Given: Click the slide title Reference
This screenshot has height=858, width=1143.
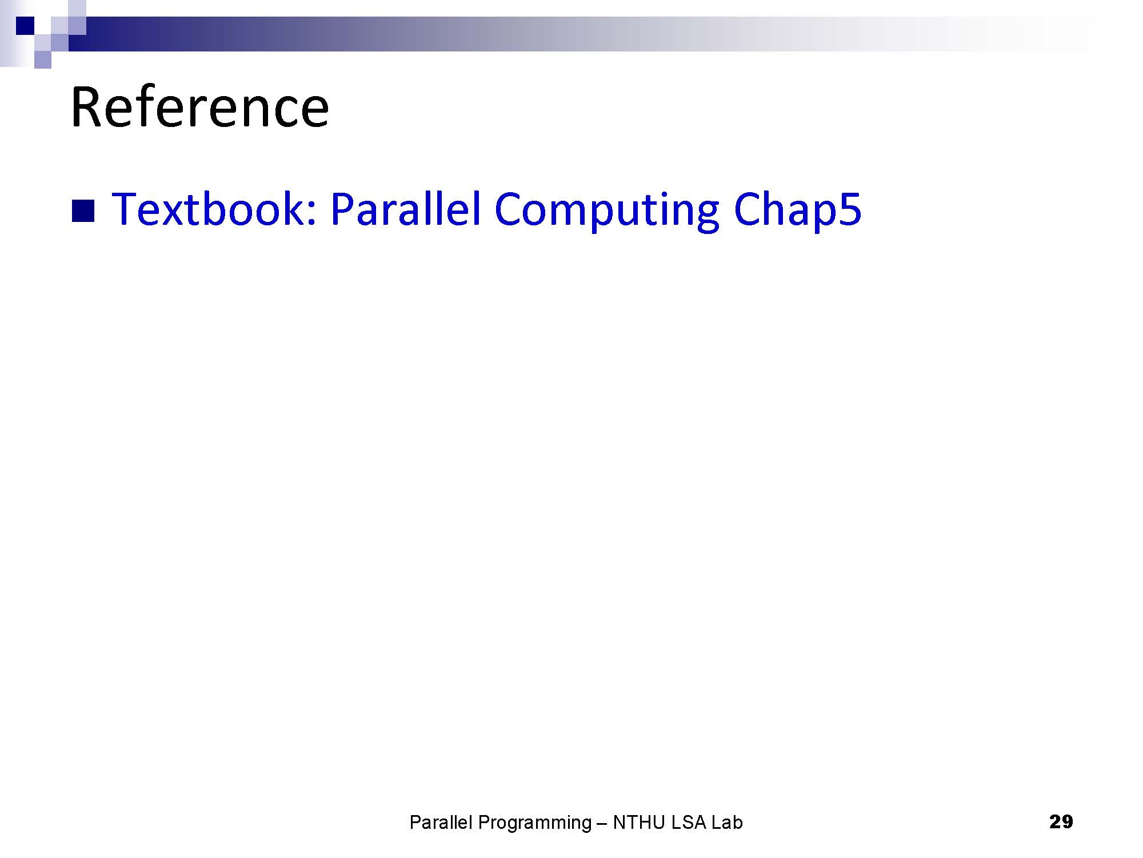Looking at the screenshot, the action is (x=199, y=107).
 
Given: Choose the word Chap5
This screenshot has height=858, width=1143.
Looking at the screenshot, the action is (x=797, y=211).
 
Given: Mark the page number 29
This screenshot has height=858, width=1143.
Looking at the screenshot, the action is (x=1061, y=822).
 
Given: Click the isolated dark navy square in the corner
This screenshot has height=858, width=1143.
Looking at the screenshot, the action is (x=26, y=26).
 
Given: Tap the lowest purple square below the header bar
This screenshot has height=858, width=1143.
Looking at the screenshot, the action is (x=43, y=60).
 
